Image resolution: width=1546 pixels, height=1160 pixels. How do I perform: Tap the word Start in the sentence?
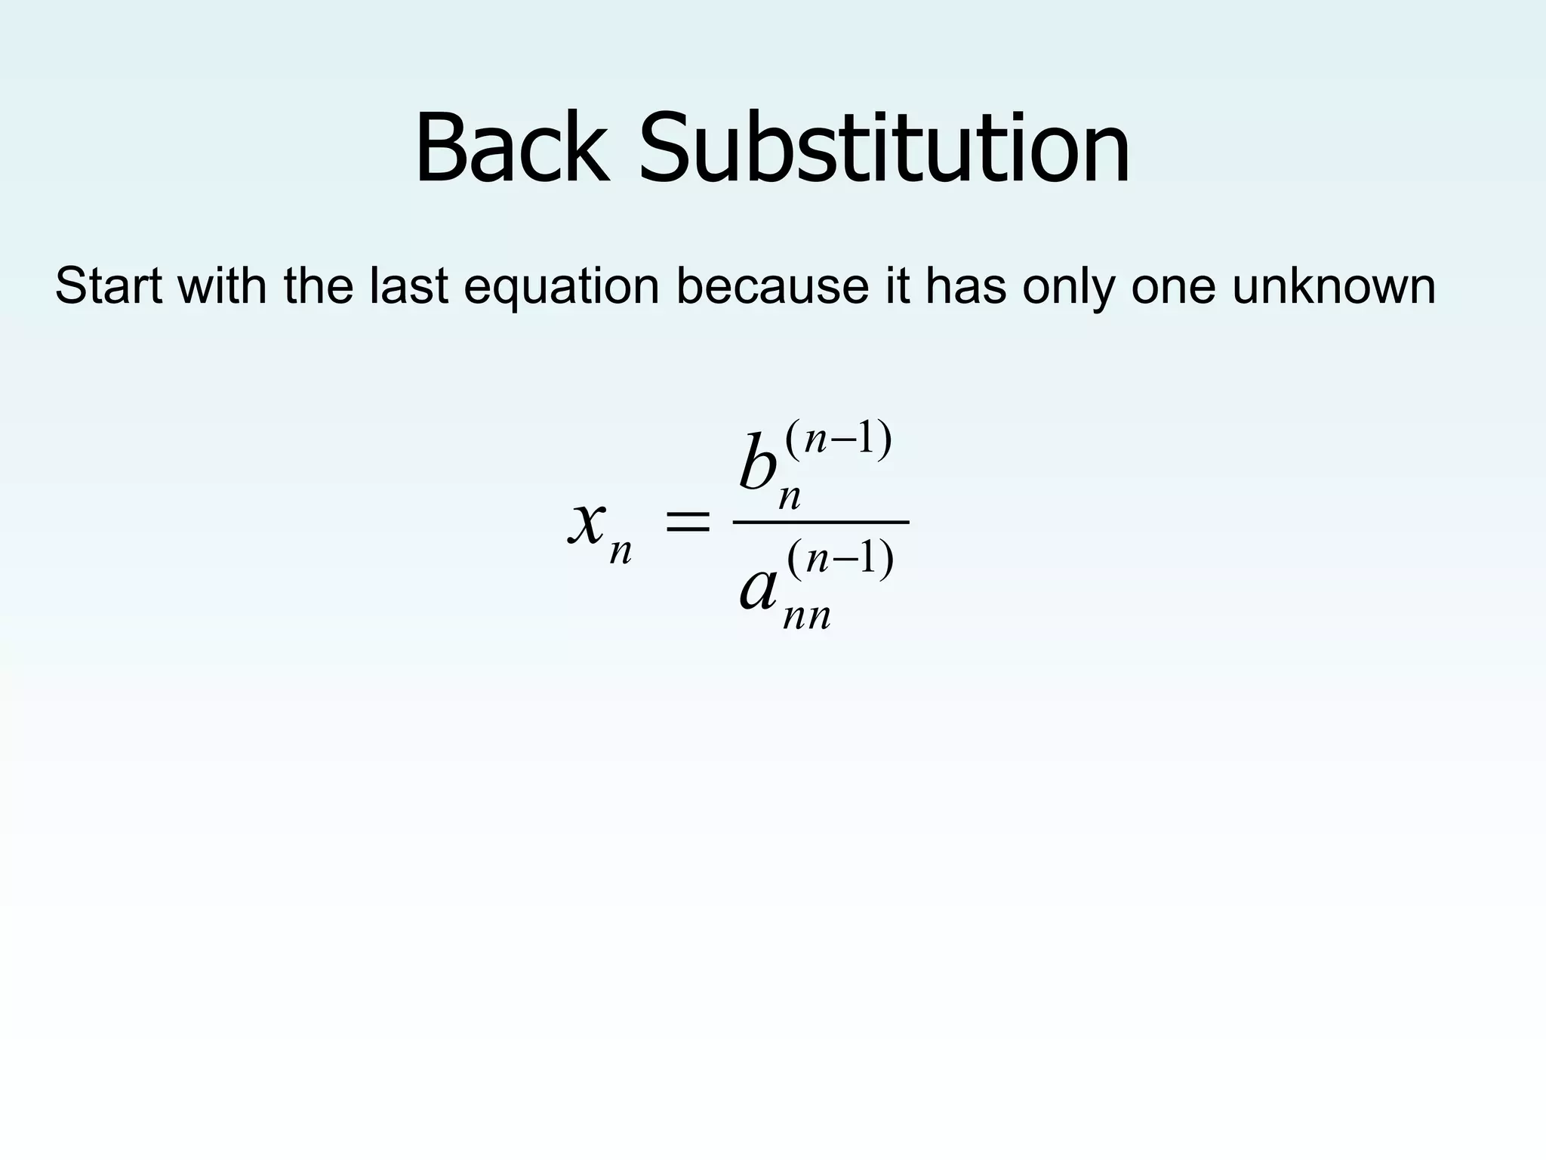pos(109,286)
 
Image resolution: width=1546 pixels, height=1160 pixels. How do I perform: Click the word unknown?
pos(1334,286)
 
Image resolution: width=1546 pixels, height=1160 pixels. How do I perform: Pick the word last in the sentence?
pos(408,286)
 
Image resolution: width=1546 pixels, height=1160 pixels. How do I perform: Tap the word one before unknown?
pos(1174,288)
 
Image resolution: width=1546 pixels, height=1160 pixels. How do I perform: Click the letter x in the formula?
pos(587,521)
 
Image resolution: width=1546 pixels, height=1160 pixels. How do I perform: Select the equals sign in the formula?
pos(686,522)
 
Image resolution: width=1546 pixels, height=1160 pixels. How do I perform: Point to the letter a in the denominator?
pos(758,589)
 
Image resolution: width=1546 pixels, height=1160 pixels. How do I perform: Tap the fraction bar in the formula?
pos(821,522)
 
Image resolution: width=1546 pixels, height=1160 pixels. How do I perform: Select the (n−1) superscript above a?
pos(840,560)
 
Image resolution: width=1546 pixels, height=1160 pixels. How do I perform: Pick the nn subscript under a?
pos(807,617)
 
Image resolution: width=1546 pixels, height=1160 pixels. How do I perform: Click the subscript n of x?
pos(621,552)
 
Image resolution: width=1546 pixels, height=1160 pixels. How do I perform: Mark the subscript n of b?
pos(789,498)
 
